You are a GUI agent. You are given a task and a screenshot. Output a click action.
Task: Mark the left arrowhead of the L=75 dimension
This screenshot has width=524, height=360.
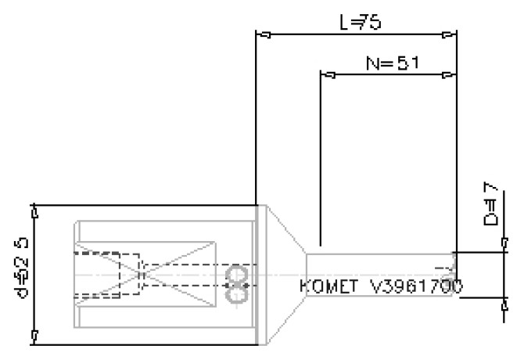(264, 34)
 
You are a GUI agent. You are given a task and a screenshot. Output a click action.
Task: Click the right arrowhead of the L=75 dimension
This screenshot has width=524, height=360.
(447, 34)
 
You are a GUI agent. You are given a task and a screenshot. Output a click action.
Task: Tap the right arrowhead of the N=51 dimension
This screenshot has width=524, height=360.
(447, 75)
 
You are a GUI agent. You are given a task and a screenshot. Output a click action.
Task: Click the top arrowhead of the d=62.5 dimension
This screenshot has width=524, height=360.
(34, 212)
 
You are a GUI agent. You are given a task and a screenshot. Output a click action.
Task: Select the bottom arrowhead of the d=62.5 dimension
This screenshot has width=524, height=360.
(34, 337)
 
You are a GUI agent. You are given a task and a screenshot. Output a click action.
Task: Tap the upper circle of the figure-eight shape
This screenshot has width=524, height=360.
(235, 273)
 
